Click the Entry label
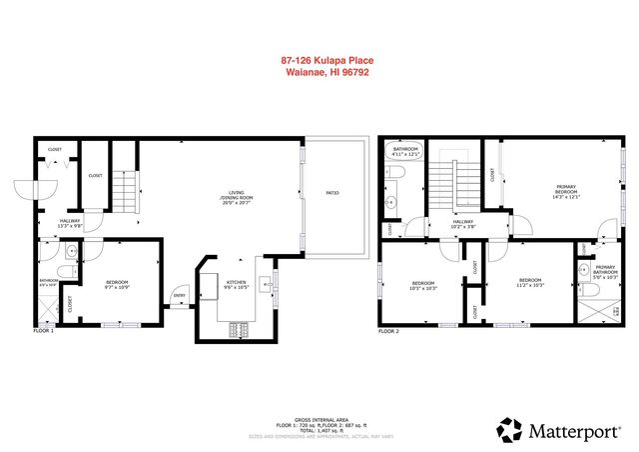tap(180, 295)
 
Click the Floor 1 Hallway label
tap(70, 223)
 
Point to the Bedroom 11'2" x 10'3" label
tap(529, 283)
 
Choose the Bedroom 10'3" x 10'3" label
tap(422, 286)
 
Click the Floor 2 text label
tap(388, 331)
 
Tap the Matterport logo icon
tap(509, 431)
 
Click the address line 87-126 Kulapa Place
tap(319, 60)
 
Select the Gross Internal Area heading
tap(319, 419)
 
